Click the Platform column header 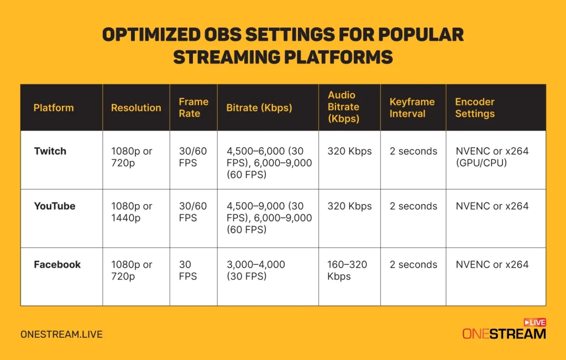(x=54, y=108)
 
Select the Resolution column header (x=136, y=108)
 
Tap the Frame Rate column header (x=193, y=108)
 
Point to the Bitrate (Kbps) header (x=259, y=108)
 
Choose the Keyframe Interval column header (x=412, y=108)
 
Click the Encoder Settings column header (x=475, y=108)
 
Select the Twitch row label (x=50, y=151)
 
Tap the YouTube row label (x=55, y=206)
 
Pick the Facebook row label (x=57, y=264)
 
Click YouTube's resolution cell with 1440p (x=132, y=212)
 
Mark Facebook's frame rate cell (x=188, y=270)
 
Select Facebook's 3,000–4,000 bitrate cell (x=256, y=270)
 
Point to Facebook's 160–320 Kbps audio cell (x=347, y=270)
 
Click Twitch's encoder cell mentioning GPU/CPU (x=492, y=157)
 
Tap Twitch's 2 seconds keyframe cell (x=413, y=151)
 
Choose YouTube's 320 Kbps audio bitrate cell (x=349, y=206)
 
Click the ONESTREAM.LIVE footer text (x=61, y=335)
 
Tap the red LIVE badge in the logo (x=534, y=322)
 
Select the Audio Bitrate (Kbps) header (x=343, y=107)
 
